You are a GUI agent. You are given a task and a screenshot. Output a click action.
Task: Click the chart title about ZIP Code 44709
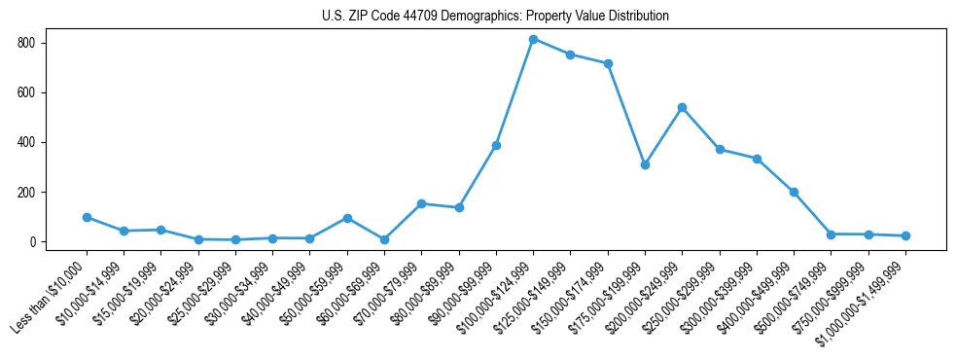[495, 17]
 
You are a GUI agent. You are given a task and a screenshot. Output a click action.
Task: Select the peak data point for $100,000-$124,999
[533, 39]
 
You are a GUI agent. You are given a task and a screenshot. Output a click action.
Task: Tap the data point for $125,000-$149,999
[570, 54]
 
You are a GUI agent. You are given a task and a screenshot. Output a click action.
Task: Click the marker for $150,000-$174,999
[608, 63]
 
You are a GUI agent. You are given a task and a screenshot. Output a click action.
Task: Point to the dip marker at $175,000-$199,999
[645, 164]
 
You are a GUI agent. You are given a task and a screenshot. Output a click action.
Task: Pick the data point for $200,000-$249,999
[682, 107]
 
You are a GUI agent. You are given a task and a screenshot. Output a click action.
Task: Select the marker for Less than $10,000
[87, 217]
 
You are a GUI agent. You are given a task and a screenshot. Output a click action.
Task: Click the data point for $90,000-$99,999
[496, 145]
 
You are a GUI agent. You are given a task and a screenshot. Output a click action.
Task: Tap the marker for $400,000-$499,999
[794, 192]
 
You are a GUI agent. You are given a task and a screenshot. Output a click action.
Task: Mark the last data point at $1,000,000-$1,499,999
[905, 235]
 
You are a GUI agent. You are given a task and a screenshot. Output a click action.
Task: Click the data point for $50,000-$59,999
[347, 218]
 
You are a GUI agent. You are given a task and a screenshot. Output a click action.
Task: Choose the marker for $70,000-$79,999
[421, 203]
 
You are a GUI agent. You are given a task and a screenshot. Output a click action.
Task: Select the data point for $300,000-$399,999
[757, 159]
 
